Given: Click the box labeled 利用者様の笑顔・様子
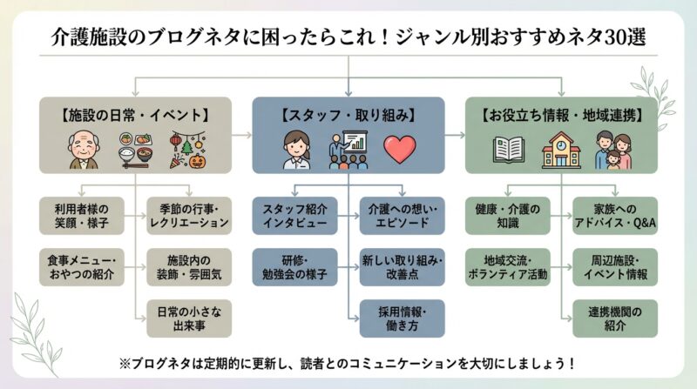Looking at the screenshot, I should tap(83, 216).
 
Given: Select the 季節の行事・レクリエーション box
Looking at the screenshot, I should tap(188, 216).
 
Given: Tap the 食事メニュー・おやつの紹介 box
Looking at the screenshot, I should tap(83, 267).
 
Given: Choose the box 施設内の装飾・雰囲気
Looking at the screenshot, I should tap(188, 267).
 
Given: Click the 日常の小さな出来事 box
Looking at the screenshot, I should tap(188, 319).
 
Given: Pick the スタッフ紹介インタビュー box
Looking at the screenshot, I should tap(294, 216).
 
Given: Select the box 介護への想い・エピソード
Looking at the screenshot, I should tap(402, 216).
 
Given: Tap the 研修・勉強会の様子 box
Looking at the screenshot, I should tap(294, 267).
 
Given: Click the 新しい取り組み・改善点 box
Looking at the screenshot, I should tap(402, 267).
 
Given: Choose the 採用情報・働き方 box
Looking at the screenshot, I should tap(402, 319).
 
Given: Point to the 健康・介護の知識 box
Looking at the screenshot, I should tap(507, 216).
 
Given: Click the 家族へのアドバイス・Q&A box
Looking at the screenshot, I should tap(615, 216).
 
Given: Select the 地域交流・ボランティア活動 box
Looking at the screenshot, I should tap(507, 267).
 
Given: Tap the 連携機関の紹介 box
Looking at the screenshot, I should tap(615, 319).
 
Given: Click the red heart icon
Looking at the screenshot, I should tap(400, 150).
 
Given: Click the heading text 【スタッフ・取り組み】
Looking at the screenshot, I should tap(348, 114).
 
